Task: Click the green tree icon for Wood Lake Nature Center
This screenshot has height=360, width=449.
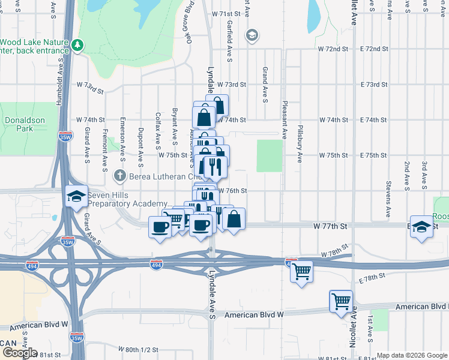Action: click(x=77, y=45)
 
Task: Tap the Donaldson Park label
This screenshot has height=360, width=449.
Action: click(x=25, y=124)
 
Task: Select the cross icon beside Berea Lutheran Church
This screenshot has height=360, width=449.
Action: click(x=119, y=176)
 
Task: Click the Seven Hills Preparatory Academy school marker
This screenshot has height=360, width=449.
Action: click(x=76, y=196)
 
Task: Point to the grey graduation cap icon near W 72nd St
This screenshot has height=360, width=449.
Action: click(x=252, y=36)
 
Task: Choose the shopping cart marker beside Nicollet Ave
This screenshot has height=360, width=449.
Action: click(x=341, y=301)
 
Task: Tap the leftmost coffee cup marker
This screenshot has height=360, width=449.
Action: click(x=160, y=227)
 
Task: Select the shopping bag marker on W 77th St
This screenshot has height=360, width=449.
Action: click(x=234, y=219)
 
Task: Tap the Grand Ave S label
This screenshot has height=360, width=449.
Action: click(x=264, y=85)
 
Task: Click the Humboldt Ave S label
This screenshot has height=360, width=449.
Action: click(x=59, y=88)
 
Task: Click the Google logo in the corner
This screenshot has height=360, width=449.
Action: click(x=19, y=353)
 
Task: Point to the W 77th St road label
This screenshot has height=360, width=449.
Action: click(x=330, y=227)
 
